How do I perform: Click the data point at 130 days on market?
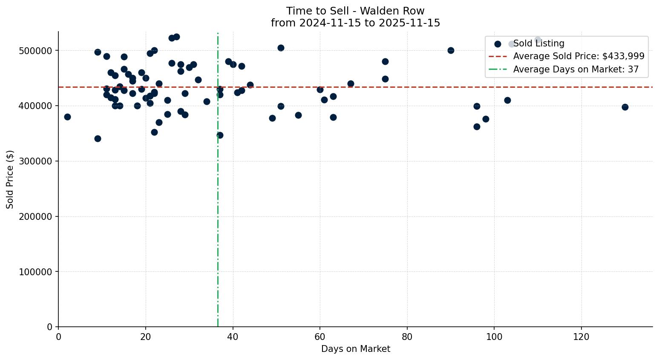coord(625,107)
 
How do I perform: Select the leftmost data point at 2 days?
coord(67,117)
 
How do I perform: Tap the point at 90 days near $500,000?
coord(451,50)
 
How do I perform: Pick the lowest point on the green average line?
coord(220,135)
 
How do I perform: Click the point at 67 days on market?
coord(351,84)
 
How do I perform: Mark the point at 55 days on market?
coord(298,115)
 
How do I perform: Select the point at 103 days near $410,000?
coord(507,100)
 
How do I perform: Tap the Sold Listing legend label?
coord(538,43)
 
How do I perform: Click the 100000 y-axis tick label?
coord(36,272)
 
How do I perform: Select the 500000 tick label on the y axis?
coord(36,51)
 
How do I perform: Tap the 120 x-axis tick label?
coord(581,337)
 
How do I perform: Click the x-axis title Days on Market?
coord(355,349)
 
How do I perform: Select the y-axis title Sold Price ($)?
coord(10,179)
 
